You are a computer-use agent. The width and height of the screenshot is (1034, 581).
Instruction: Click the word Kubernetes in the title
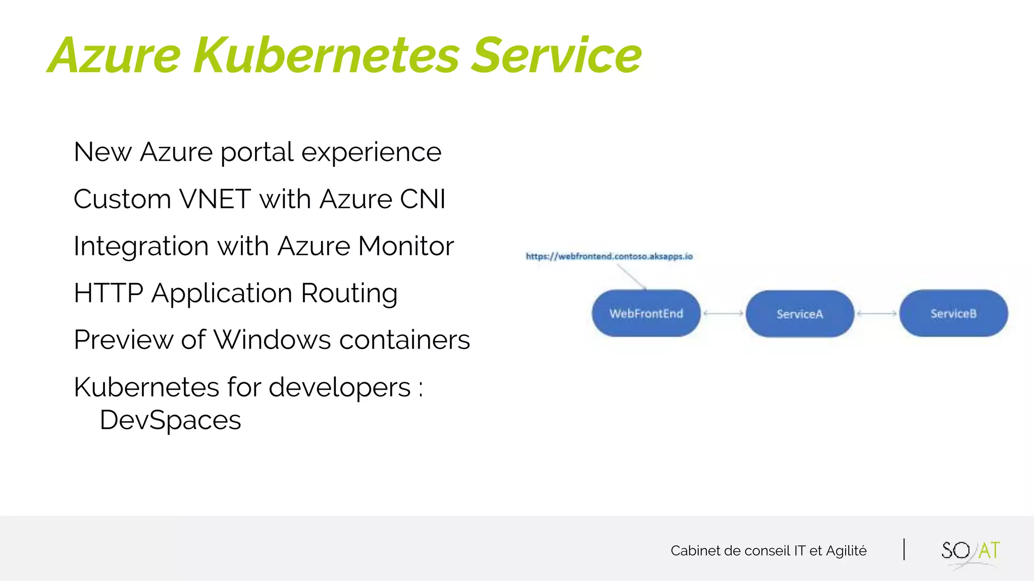click(326, 55)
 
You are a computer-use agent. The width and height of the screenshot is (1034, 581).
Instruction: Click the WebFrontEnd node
click(646, 314)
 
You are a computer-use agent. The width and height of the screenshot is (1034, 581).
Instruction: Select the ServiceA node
click(800, 314)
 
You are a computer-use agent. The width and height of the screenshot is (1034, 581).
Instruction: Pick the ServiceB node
click(953, 314)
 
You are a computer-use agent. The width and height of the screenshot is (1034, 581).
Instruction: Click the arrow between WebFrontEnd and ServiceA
click(723, 313)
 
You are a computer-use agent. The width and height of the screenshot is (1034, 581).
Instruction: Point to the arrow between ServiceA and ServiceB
click(876, 314)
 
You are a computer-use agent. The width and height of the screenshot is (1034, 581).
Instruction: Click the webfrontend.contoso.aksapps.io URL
click(609, 256)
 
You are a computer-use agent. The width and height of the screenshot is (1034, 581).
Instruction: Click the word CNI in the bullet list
click(423, 199)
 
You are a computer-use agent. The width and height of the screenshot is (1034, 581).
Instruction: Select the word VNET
click(215, 199)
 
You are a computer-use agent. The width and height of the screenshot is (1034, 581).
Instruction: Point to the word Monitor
click(406, 246)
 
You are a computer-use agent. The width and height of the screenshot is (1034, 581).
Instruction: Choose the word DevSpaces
click(170, 420)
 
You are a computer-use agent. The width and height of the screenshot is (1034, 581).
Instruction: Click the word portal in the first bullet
click(257, 152)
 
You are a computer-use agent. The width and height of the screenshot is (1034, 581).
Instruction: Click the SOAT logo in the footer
click(970, 551)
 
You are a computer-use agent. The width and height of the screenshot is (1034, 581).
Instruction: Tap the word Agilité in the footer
click(846, 551)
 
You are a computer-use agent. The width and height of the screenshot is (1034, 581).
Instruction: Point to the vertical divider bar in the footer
click(904, 549)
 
